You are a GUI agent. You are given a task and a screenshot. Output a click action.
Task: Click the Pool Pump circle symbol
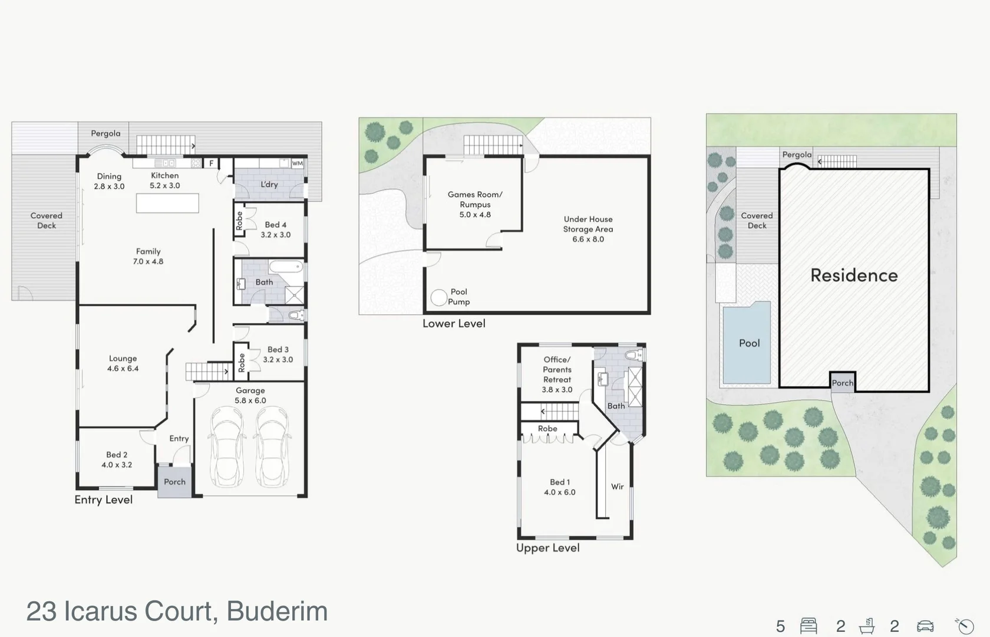point(438,298)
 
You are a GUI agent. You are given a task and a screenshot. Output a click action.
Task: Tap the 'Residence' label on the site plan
point(854,275)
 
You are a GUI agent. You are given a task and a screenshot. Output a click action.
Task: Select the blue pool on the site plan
point(747,343)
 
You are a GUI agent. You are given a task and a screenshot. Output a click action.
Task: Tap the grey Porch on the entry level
point(174,482)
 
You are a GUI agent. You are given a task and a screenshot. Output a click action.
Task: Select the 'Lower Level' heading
point(454,323)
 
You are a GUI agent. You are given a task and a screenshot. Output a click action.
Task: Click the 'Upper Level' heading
point(547,548)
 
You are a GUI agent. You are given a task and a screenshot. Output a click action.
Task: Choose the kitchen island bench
point(167,203)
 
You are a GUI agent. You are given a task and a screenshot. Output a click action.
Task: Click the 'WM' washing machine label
point(298,163)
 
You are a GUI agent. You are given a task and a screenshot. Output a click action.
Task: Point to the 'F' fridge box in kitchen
point(212,163)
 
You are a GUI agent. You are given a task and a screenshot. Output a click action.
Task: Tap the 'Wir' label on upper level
point(617,487)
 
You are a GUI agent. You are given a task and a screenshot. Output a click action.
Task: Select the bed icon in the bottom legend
point(808,626)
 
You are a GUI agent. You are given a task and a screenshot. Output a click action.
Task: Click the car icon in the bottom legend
point(925,626)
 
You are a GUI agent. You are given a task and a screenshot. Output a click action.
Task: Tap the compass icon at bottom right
point(965,626)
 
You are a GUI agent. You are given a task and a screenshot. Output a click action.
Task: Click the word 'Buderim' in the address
point(277,611)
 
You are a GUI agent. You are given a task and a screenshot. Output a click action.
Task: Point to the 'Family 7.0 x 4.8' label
point(148,256)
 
